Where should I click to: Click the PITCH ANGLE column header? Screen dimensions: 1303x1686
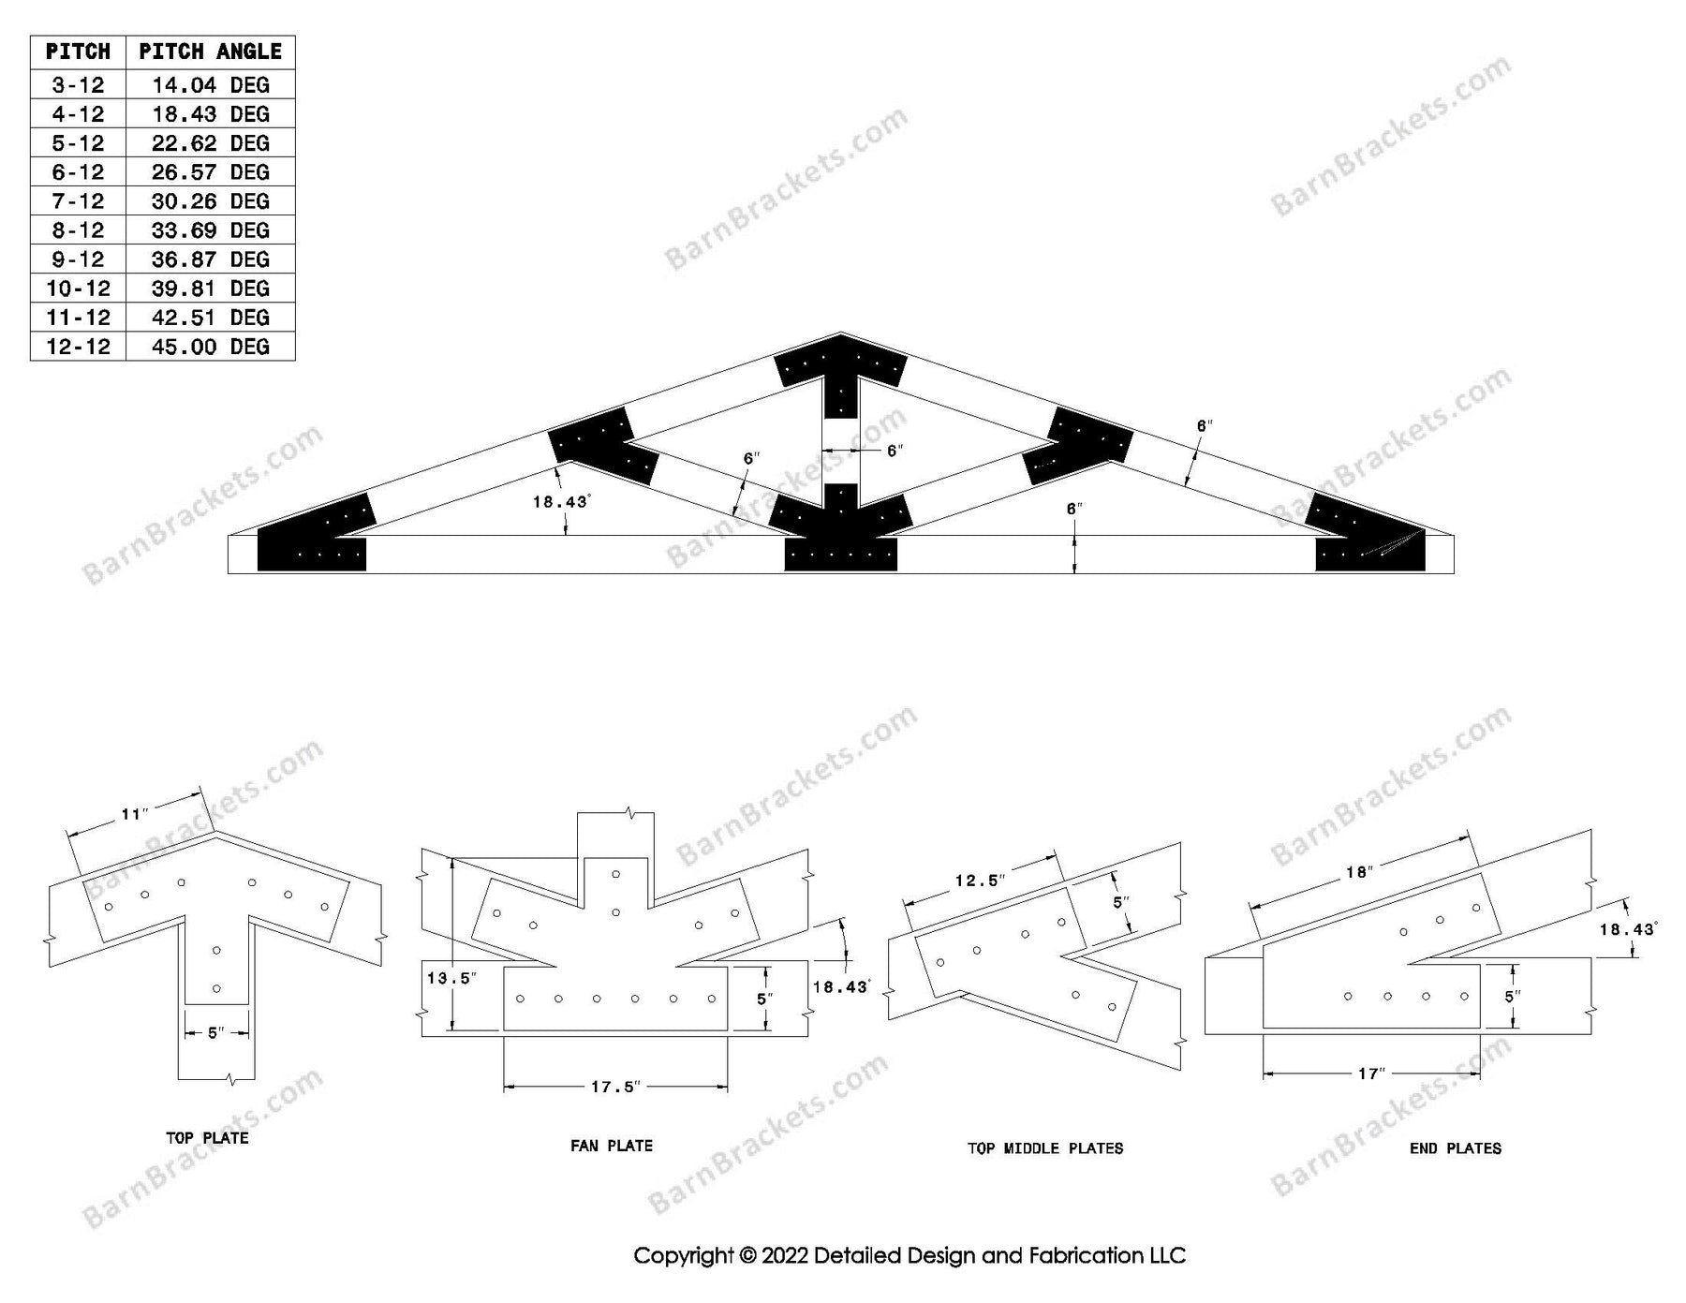tap(210, 52)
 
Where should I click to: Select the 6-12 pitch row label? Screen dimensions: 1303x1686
tap(78, 172)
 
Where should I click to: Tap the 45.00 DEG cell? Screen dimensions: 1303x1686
tap(210, 347)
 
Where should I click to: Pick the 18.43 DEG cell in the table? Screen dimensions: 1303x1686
tap(210, 114)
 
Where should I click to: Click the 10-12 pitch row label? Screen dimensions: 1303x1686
tap(78, 289)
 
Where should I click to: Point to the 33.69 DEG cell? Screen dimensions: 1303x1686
tap(210, 230)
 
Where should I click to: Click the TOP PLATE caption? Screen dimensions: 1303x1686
tap(207, 1138)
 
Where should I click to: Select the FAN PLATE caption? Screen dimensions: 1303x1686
tap(611, 1146)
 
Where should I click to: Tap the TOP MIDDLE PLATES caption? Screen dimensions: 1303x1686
tap(1045, 1148)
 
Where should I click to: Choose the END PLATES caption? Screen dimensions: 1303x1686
tap(1455, 1148)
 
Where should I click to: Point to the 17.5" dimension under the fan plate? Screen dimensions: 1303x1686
tap(615, 1087)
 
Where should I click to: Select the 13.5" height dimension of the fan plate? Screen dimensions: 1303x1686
tap(450, 979)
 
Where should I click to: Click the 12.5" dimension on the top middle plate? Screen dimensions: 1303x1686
tap(980, 881)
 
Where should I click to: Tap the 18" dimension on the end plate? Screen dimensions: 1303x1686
tap(1359, 872)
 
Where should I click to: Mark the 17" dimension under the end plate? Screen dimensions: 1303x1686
tap(1370, 1073)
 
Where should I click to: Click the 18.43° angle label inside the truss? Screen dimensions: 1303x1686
tap(560, 502)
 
